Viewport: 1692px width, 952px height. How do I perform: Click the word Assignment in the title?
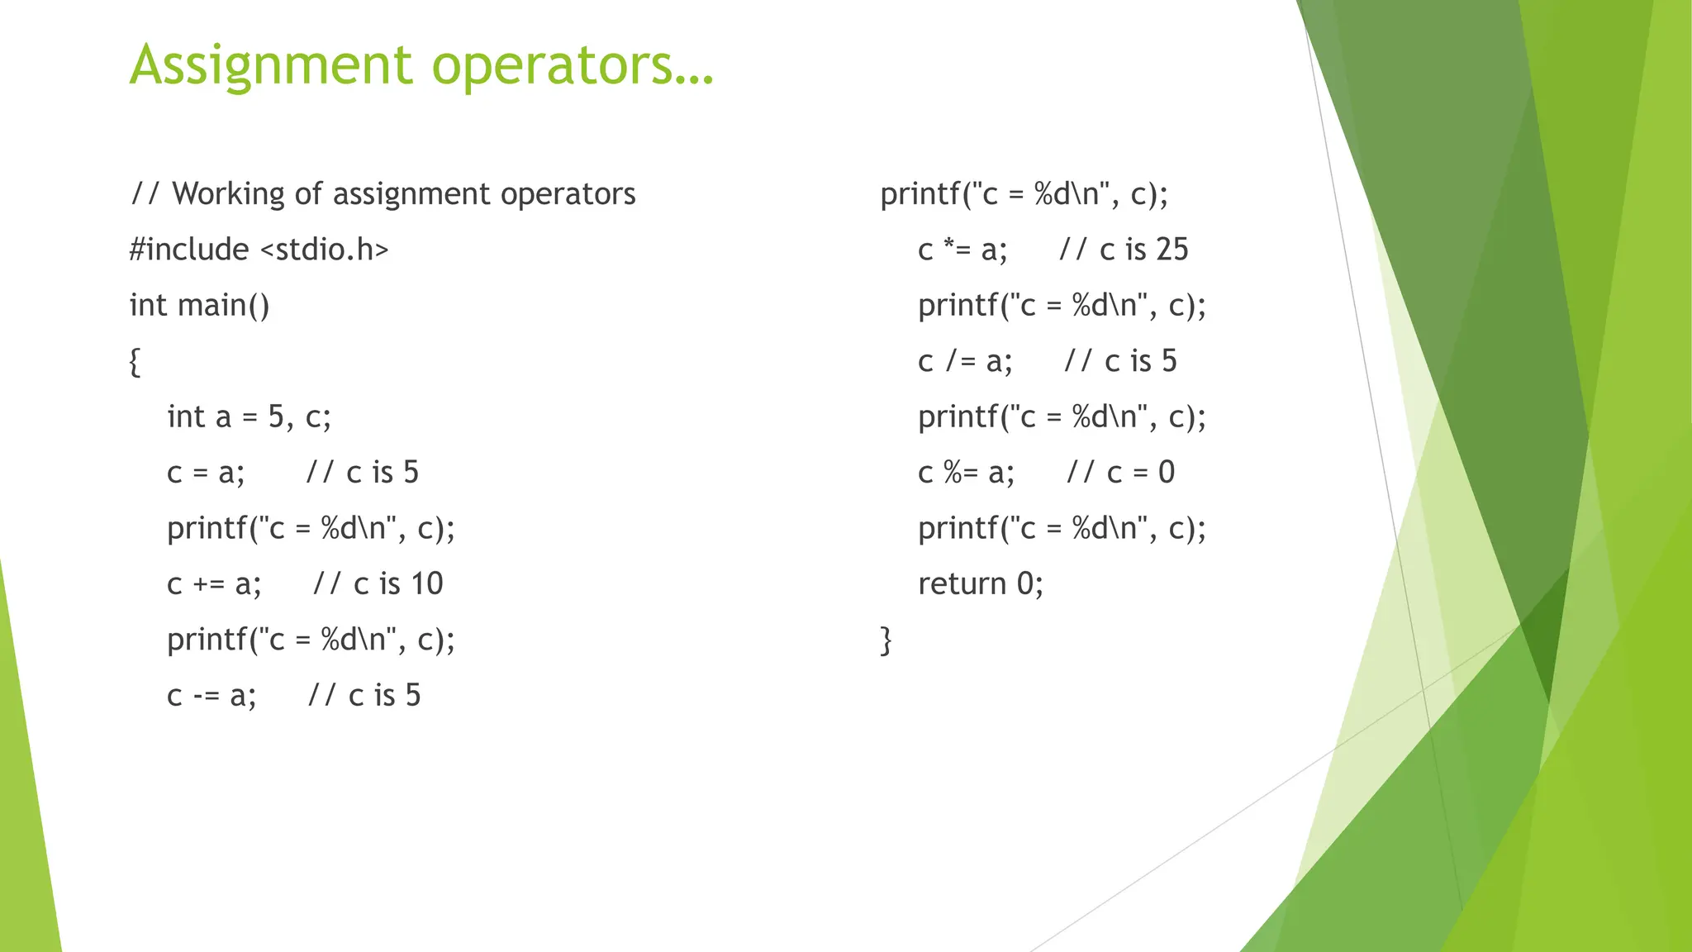(270, 65)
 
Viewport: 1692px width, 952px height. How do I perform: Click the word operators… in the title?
(572, 65)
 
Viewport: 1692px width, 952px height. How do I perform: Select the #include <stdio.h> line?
(259, 250)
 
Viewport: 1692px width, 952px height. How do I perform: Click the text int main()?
(199, 306)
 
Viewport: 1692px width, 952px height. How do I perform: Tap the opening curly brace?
(135, 362)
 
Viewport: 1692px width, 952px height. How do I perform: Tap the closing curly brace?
(886, 640)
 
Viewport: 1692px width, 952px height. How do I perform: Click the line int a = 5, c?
(249, 417)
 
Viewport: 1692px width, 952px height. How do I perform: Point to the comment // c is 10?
(378, 584)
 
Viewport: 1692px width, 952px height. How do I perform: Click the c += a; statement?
(214, 584)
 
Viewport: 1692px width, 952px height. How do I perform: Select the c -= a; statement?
(211, 696)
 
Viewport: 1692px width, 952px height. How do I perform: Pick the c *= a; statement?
(962, 250)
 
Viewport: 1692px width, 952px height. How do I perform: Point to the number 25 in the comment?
(1172, 250)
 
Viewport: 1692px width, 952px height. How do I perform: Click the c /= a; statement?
(965, 361)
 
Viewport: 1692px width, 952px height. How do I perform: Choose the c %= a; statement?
(966, 473)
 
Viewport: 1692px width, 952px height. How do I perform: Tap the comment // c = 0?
(1120, 473)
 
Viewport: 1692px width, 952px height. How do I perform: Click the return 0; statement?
(981, 584)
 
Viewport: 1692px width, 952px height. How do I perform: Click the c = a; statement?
(206, 473)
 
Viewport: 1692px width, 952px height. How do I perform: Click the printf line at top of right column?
(1024, 194)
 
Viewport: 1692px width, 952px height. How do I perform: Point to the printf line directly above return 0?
(1062, 528)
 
